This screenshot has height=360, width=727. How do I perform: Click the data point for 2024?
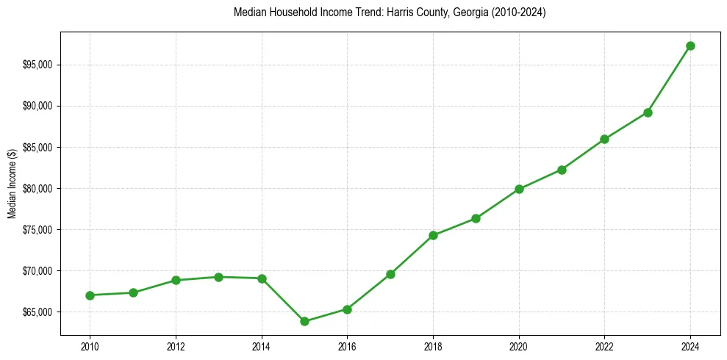(x=690, y=46)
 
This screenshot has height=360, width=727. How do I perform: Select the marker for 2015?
(x=304, y=321)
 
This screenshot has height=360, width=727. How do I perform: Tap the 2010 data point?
(x=90, y=295)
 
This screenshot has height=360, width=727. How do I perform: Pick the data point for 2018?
(x=433, y=235)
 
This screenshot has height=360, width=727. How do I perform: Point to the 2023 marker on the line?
(x=648, y=112)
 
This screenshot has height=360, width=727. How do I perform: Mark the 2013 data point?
(x=218, y=277)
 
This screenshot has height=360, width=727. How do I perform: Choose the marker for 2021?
(x=562, y=170)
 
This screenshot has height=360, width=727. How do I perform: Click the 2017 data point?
(x=390, y=274)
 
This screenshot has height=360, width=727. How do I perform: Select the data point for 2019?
(x=476, y=218)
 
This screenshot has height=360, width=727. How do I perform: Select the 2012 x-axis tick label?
(x=176, y=345)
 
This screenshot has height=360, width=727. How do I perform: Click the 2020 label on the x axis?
(x=519, y=345)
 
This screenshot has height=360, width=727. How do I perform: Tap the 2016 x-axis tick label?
(x=347, y=345)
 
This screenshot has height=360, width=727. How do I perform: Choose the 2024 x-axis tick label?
(x=690, y=345)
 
